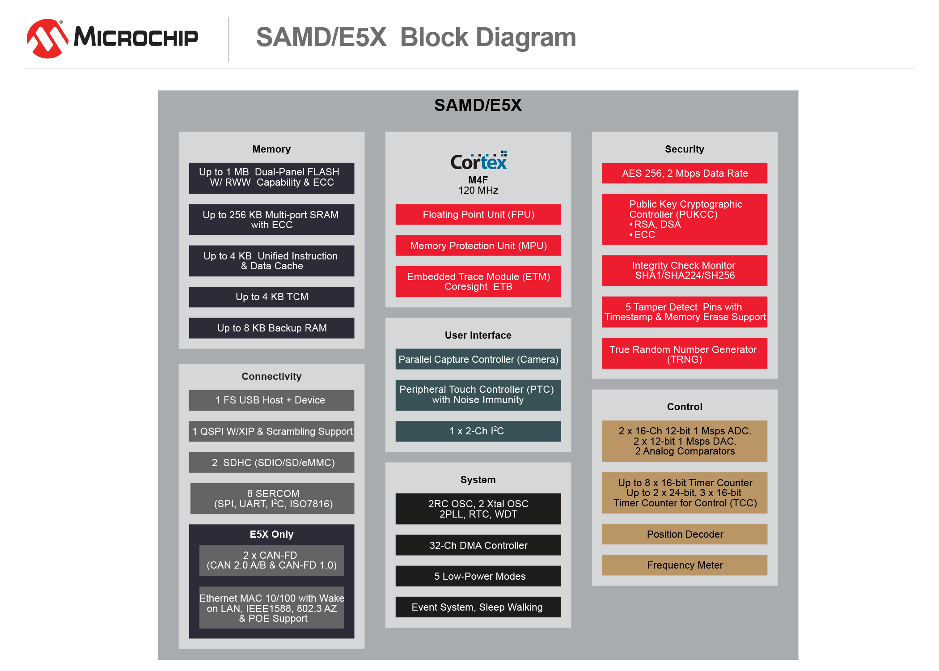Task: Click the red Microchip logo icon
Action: click(x=47, y=38)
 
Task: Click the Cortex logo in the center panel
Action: click(x=479, y=161)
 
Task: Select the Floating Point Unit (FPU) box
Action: click(x=478, y=215)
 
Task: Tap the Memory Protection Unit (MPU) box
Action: click(x=478, y=246)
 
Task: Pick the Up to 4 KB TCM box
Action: click(x=271, y=297)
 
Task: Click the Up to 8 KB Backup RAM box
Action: click(x=271, y=328)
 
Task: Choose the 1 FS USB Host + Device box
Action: click(x=271, y=400)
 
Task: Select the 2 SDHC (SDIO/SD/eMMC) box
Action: click(x=271, y=463)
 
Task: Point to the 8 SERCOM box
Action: click(x=272, y=499)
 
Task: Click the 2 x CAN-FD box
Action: click(x=271, y=561)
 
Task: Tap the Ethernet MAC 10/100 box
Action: click(x=271, y=608)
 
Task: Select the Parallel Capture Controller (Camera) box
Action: click(x=478, y=359)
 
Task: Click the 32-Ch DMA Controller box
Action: click(x=478, y=545)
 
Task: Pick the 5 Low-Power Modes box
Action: click(x=478, y=576)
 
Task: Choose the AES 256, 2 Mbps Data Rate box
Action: click(x=685, y=174)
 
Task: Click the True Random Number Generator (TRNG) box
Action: click(x=685, y=354)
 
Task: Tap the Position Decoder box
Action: click(x=685, y=535)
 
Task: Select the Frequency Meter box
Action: click(x=685, y=565)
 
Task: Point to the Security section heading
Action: click(x=685, y=149)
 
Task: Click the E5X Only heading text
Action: click(x=271, y=535)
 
